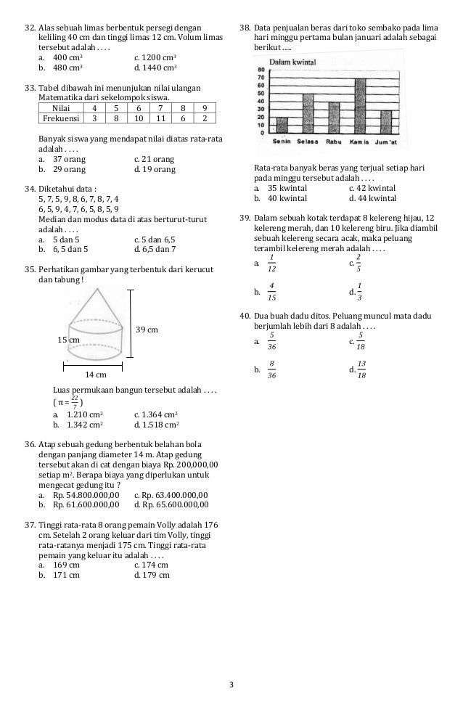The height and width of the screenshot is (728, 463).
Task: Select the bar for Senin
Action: [x=282, y=126]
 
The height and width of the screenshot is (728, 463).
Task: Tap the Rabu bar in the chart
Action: [x=334, y=118]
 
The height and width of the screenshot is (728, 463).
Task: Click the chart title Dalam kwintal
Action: [x=292, y=62]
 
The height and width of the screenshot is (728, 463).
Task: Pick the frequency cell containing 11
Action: [x=162, y=118]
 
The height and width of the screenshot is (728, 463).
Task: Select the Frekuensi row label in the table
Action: [x=61, y=118]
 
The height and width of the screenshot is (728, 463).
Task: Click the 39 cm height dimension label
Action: [x=147, y=330]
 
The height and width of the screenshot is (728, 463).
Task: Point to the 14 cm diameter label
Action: [x=96, y=375]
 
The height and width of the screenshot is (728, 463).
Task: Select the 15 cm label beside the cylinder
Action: [x=69, y=340]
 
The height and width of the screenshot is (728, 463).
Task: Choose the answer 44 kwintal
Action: [x=372, y=197]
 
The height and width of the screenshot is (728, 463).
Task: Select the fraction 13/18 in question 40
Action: [x=361, y=370]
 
